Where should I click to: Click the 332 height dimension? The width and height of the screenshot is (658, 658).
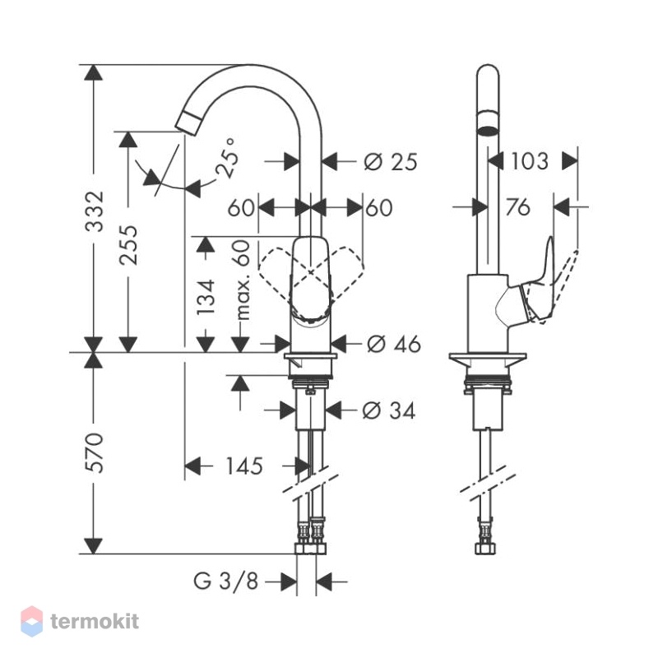tap(95, 211)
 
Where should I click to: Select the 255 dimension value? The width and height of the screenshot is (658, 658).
tap(128, 245)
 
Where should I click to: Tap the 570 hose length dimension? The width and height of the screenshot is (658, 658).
tap(94, 453)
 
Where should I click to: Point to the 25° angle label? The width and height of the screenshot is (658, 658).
tap(227, 159)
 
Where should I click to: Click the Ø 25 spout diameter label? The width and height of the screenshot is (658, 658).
tap(391, 162)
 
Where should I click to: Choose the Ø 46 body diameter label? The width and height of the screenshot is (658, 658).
tap(394, 345)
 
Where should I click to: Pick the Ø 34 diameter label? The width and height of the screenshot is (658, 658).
tap(388, 410)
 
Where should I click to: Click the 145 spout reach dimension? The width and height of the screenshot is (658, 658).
tap(244, 466)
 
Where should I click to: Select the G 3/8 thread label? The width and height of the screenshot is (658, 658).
tap(225, 582)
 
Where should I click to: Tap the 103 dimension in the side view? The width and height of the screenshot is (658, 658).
tap(529, 161)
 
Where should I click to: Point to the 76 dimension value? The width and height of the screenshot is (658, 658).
tap(518, 207)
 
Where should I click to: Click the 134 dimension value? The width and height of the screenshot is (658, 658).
tap(206, 297)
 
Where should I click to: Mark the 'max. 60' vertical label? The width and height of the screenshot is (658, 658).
tap(243, 280)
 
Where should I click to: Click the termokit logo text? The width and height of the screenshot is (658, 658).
tap(95, 621)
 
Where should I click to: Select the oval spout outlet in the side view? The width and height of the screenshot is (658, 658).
tap(488, 130)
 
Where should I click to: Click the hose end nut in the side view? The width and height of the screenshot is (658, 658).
tap(486, 549)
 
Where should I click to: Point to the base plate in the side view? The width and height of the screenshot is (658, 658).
tap(488, 357)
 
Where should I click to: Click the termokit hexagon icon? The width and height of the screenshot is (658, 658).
tap(32, 621)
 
